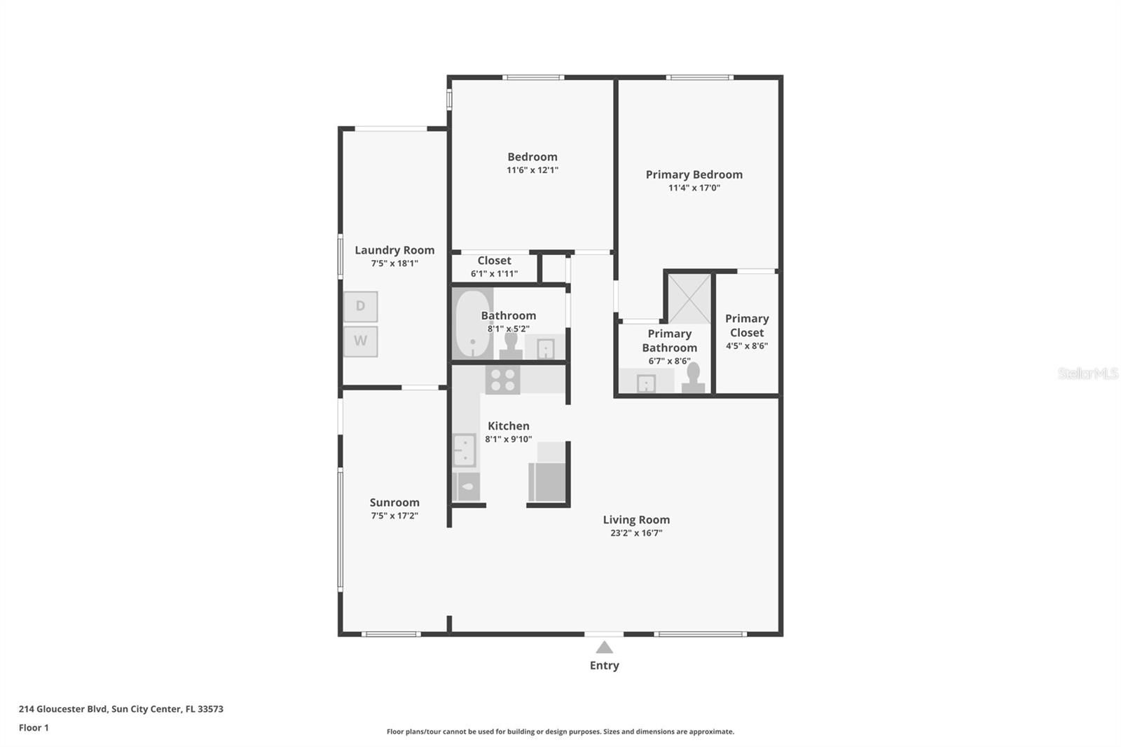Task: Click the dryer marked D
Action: pos(360,306)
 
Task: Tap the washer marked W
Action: pos(360,341)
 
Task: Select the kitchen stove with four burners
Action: pos(502,380)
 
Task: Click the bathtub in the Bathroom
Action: pos(472,324)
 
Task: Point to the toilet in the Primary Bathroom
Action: pos(693,378)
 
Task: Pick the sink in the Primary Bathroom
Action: pos(646,383)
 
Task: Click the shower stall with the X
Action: pos(689,299)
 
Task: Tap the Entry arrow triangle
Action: pos(604,647)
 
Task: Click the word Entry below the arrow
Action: pos(604,666)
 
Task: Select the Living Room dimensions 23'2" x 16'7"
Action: pos(636,533)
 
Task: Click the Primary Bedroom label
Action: pos(694,174)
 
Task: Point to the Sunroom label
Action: pos(394,502)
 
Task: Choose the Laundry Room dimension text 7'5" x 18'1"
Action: pos(394,263)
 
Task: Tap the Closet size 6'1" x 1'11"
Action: pos(494,274)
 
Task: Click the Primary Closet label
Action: pos(747,325)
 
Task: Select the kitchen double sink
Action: pos(464,450)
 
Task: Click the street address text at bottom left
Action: pos(121,709)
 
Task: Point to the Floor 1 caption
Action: pos(34,728)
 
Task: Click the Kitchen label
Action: pos(509,426)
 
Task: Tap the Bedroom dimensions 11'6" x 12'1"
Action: pos(532,170)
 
